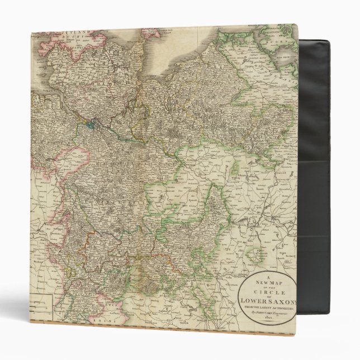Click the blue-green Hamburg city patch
pyautogui.click(x=90, y=125)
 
